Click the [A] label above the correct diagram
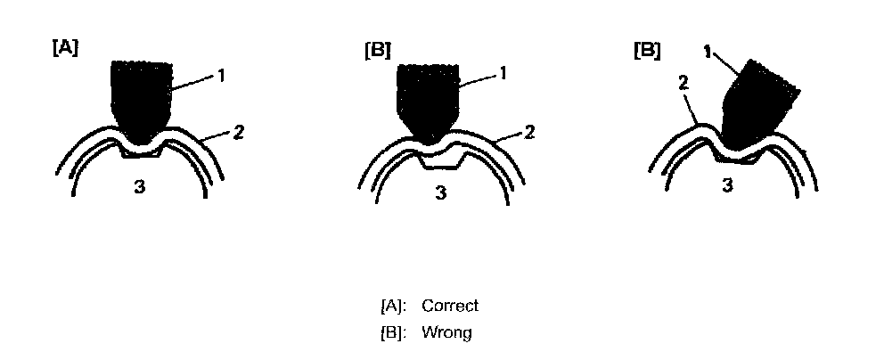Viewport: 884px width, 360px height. tap(65, 50)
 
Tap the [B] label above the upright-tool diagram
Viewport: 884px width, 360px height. tap(377, 50)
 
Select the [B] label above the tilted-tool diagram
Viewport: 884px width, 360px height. tap(646, 50)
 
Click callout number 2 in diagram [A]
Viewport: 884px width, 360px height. tap(238, 132)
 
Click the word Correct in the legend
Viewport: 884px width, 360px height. tap(450, 306)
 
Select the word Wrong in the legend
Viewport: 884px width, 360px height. tap(446, 333)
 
